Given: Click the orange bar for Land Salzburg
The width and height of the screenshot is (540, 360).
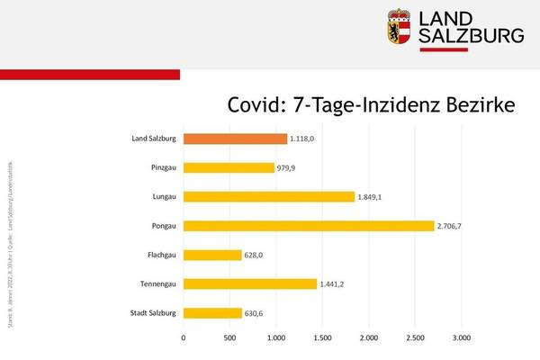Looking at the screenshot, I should (x=235, y=139).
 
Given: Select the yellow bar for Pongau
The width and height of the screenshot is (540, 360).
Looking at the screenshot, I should (x=309, y=226).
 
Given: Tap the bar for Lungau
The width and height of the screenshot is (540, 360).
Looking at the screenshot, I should (x=269, y=196).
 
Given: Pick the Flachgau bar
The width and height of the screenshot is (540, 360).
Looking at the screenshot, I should (x=212, y=255).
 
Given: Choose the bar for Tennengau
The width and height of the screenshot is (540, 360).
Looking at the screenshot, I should (x=250, y=283).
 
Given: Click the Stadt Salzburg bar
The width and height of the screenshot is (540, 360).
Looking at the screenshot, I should (x=212, y=313).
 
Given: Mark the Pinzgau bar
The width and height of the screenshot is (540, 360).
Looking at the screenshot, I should (x=229, y=167).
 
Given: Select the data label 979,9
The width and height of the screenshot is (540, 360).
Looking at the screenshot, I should (x=290, y=168).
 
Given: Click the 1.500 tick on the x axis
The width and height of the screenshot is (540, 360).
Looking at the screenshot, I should (x=322, y=339).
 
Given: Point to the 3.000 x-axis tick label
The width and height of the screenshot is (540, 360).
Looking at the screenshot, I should (x=461, y=339).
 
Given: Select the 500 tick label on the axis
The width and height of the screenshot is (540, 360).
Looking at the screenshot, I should (x=229, y=339).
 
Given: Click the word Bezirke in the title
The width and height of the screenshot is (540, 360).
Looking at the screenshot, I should (x=477, y=106).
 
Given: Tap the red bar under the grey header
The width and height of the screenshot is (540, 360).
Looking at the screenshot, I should (x=90, y=74).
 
